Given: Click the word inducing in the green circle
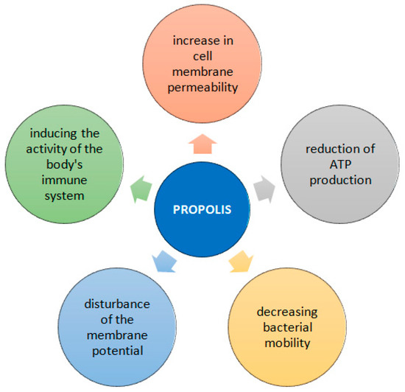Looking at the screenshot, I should [64, 133].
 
